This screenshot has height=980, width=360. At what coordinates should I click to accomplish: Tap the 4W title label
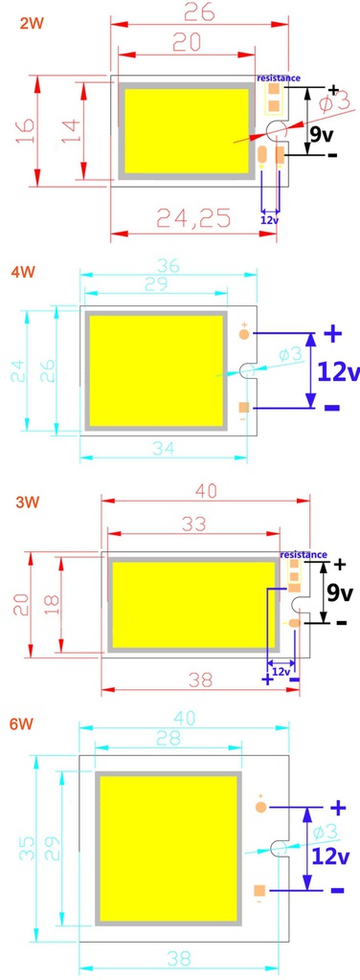coord(23,272)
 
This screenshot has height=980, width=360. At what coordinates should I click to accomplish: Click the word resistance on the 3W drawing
coord(303,555)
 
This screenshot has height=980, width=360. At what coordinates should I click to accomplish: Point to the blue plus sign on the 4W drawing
coord(332,333)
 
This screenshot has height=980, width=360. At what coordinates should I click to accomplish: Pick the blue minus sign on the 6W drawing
coord(337,890)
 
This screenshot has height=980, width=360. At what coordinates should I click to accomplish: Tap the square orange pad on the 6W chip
coord(259,890)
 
